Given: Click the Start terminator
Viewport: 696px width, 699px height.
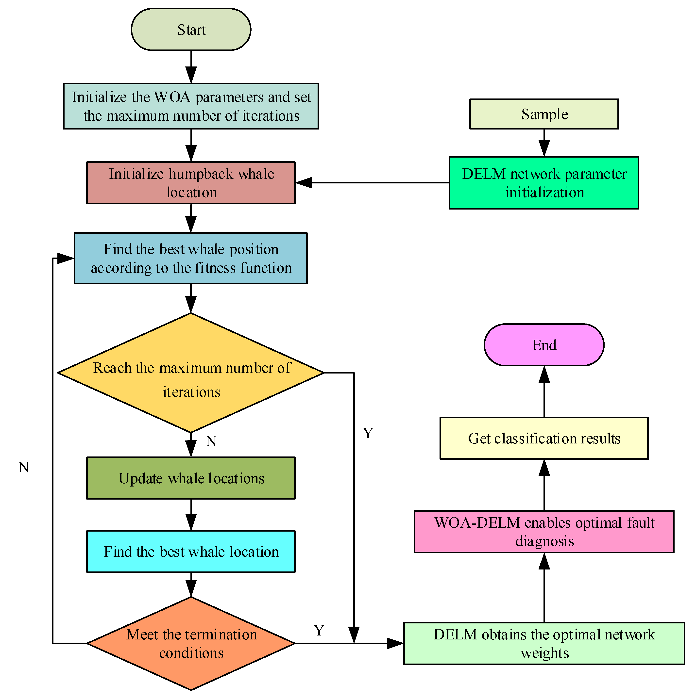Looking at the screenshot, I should pyautogui.click(x=191, y=29).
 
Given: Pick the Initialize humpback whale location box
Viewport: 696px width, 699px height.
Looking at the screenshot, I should pyautogui.click(x=191, y=183).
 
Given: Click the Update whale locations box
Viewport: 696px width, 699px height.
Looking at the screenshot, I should pyautogui.click(x=191, y=478).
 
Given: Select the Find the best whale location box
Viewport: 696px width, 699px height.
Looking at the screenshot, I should pyautogui.click(x=191, y=551).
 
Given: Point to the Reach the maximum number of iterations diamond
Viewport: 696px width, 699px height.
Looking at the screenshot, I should pyautogui.click(x=191, y=373).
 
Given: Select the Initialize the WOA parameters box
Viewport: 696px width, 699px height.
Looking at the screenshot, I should pyautogui.click(x=191, y=106).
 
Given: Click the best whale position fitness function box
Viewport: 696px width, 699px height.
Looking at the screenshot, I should pyautogui.click(x=191, y=258).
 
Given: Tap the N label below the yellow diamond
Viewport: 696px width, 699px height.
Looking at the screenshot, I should pyautogui.click(x=211, y=441).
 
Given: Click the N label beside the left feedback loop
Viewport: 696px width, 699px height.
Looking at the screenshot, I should pyautogui.click(x=24, y=468).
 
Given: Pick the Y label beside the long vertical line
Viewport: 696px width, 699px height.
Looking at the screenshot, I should pyautogui.click(x=368, y=433).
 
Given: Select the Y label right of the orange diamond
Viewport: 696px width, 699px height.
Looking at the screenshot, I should pyautogui.click(x=319, y=630).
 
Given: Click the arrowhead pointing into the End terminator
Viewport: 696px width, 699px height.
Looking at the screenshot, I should pyautogui.click(x=544, y=374).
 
